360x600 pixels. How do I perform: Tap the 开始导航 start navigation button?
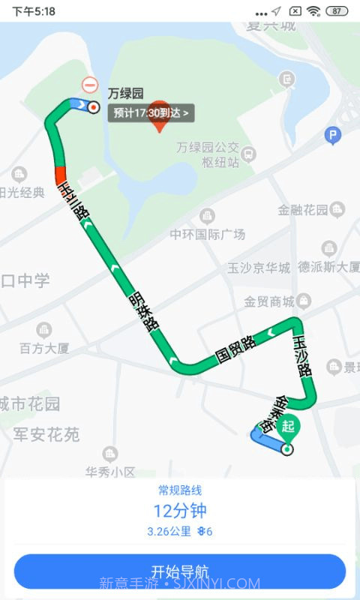[x=180, y=571]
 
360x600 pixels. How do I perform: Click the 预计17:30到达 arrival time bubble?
[x=152, y=113]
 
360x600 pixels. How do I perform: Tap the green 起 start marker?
[x=288, y=427]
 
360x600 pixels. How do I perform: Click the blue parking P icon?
[x=333, y=136]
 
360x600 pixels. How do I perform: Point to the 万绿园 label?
[x=125, y=94]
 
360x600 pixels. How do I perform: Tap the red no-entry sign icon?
[x=90, y=85]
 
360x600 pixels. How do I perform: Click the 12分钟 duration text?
[x=180, y=511]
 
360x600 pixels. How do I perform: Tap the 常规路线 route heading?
[x=180, y=490]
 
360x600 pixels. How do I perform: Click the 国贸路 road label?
[x=235, y=349]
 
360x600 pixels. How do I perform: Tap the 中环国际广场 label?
[x=208, y=234]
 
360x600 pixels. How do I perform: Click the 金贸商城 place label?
[x=268, y=301]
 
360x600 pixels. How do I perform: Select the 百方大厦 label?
[x=44, y=347]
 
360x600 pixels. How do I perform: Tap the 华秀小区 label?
[x=109, y=472]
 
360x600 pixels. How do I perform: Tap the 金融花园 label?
[x=303, y=210]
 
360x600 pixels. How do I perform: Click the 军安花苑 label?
[x=46, y=434]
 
